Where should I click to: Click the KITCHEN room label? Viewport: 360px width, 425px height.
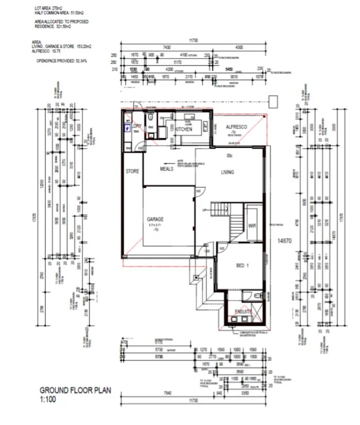(x=183, y=129)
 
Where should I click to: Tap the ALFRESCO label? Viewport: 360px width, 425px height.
(x=234, y=128)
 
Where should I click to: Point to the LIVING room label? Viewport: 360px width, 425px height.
(x=228, y=172)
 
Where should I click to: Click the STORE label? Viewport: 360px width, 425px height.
(x=132, y=172)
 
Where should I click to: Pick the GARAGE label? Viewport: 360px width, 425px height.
(x=156, y=219)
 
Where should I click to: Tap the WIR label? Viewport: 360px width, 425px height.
(x=252, y=226)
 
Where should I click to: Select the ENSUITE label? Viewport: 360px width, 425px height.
(x=244, y=311)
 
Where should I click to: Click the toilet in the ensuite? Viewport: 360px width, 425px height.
(x=258, y=297)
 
